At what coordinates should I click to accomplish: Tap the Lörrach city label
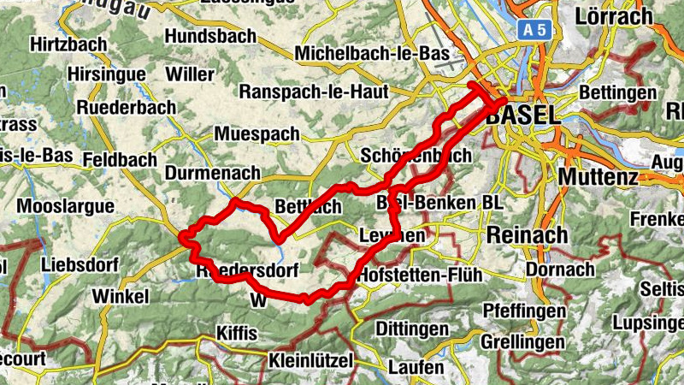616,15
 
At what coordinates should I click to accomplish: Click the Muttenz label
598,177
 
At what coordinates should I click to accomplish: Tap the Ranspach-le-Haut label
315,91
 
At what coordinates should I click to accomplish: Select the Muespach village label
257,134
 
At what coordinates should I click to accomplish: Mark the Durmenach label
211,173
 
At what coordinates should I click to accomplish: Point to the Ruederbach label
126,108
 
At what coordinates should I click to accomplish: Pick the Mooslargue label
66,207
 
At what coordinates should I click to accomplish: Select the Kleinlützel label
310,361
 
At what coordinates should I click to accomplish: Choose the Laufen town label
416,368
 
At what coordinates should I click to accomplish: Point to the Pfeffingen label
525,309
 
